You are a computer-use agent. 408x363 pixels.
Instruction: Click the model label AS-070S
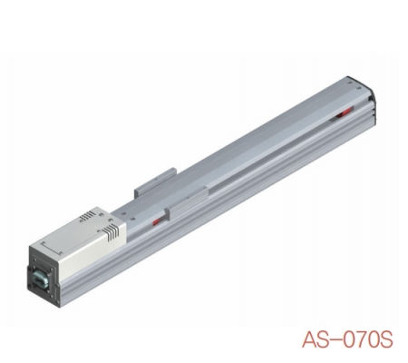tap(347, 342)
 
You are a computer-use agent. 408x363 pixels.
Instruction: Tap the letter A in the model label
tap(308, 342)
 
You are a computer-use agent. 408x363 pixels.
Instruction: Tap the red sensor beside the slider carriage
tap(158, 221)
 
